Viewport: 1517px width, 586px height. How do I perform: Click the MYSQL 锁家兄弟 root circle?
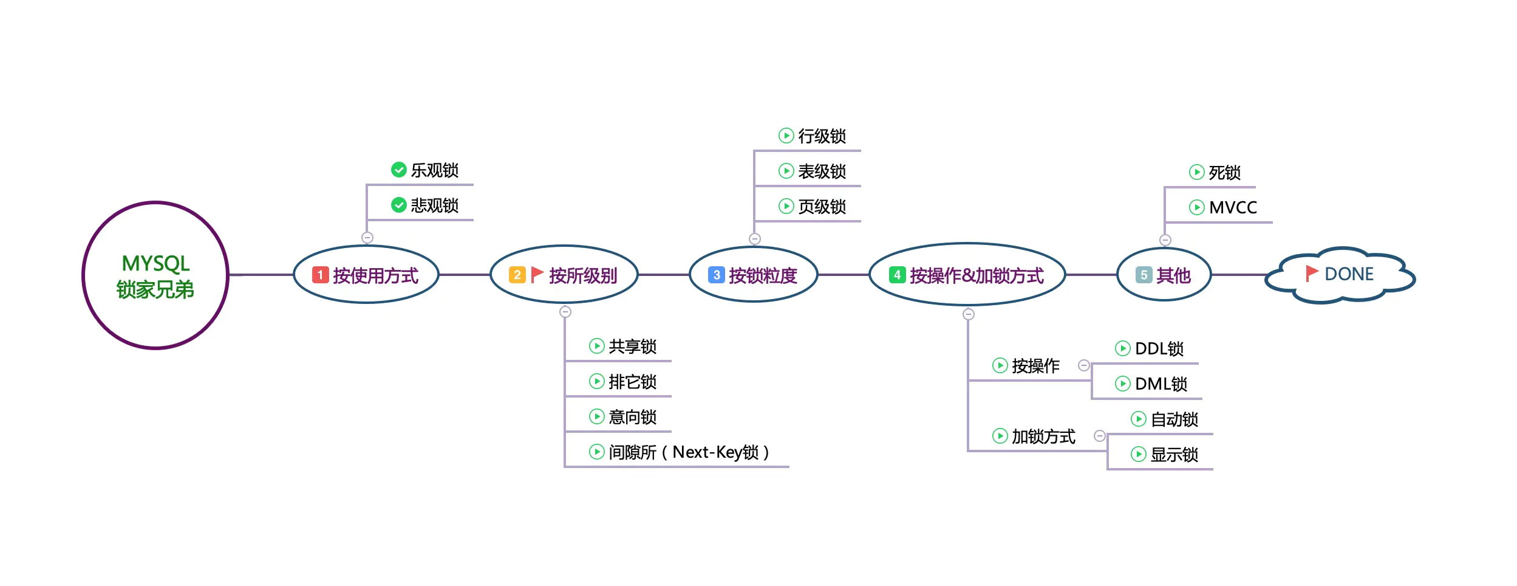(155, 275)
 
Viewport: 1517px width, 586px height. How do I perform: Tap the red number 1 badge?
(320, 275)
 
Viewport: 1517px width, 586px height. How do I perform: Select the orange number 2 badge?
(517, 275)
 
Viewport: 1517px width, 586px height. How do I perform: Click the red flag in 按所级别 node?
(537, 275)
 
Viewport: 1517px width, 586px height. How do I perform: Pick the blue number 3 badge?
(716, 275)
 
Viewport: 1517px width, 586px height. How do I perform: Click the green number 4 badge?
(897, 275)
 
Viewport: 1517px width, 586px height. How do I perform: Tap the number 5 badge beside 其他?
(1144, 275)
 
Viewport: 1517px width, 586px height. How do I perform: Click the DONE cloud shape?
(1340, 275)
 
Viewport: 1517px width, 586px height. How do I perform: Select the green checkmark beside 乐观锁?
(398, 170)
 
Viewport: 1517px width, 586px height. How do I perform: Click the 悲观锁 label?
(434, 205)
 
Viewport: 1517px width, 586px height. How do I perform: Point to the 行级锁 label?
(822, 136)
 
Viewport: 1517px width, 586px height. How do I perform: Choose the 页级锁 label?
(822, 207)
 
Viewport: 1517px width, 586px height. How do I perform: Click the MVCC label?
(1232, 207)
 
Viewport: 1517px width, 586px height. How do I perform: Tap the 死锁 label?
(1224, 173)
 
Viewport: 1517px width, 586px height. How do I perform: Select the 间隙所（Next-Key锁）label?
(689, 452)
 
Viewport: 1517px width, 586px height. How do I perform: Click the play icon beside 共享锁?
(596, 346)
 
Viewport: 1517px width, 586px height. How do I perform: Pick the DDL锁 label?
(1159, 348)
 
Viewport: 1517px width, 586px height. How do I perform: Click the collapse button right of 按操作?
(1083, 365)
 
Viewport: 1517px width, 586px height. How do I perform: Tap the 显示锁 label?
(1174, 455)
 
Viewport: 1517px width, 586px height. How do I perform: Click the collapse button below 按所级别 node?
(565, 312)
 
